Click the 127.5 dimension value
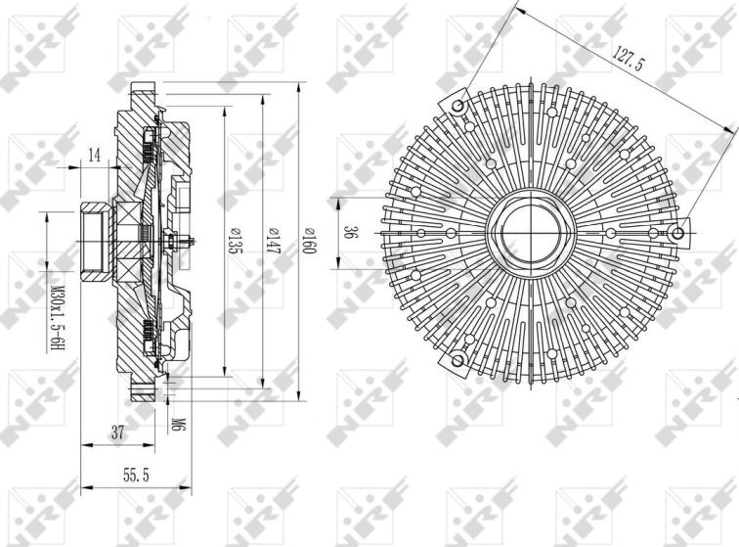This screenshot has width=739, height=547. coord(627,59)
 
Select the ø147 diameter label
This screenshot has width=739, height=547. coord(272,241)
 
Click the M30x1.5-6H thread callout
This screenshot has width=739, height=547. coord(57,318)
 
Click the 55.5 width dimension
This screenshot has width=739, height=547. coord(136,475)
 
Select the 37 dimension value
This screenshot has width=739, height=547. coord(118,432)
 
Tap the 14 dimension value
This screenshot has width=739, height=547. coord(95,155)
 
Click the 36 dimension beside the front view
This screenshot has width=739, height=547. coord(349,233)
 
